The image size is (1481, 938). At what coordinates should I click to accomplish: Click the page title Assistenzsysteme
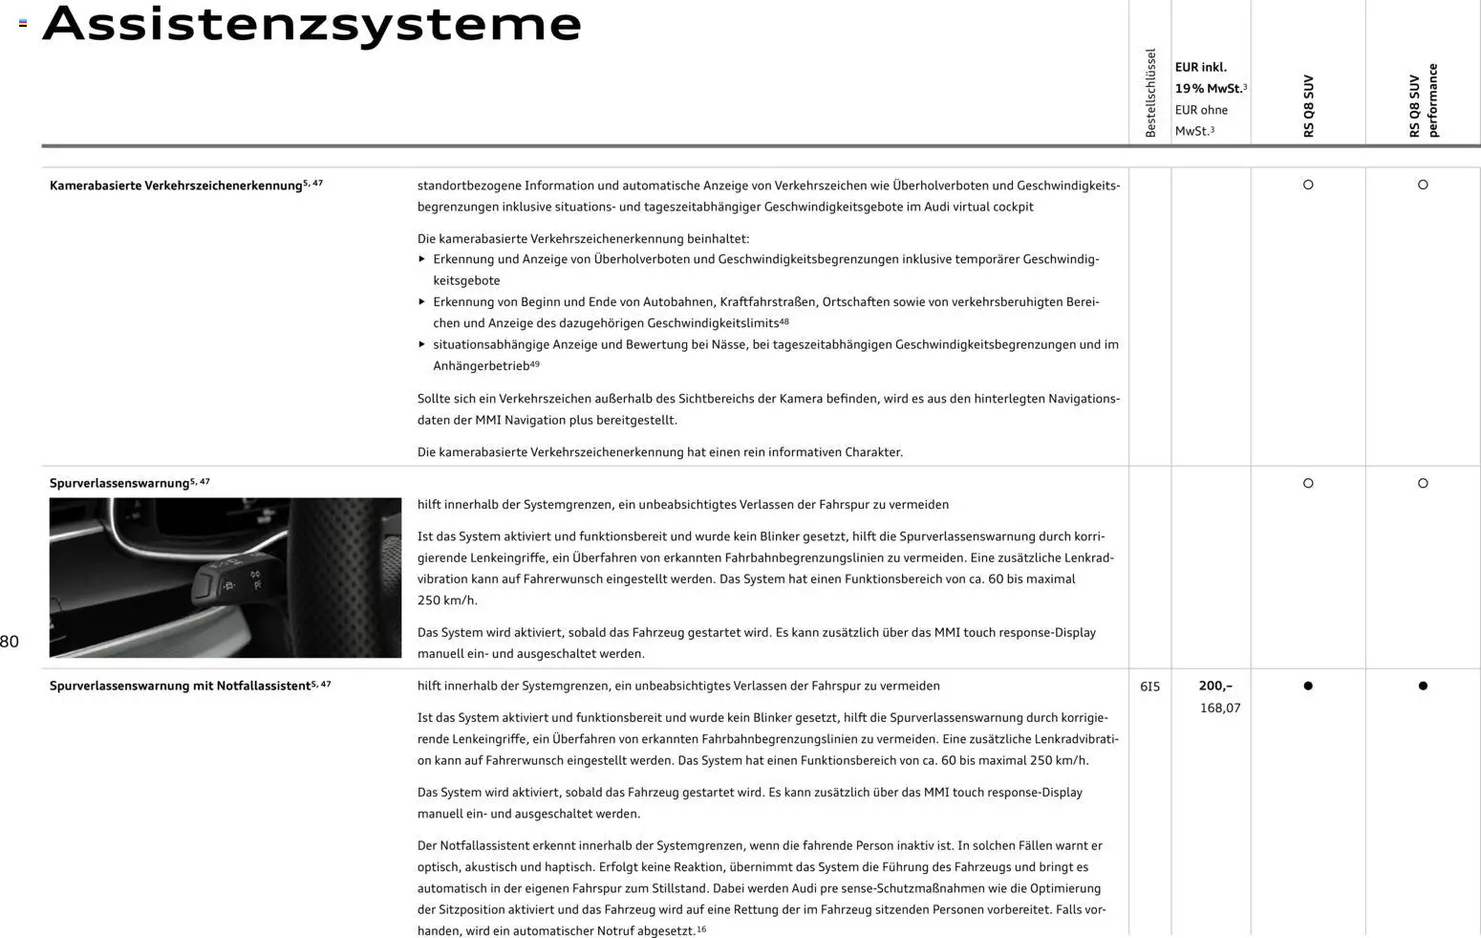(311, 24)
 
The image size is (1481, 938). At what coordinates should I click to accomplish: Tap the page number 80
(10, 642)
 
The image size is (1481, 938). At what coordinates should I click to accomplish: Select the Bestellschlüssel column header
(1150, 93)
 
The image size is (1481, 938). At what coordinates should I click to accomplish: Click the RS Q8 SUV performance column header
(1423, 100)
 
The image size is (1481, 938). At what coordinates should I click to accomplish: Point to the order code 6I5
(1149, 687)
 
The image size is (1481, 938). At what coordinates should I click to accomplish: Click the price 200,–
(1215, 686)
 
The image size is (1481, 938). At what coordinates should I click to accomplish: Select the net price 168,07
(1220, 709)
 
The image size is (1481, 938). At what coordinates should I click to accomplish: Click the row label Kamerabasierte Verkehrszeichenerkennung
(176, 185)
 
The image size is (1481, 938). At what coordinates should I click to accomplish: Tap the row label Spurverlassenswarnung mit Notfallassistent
(180, 686)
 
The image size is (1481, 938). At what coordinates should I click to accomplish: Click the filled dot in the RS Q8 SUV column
(1308, 686)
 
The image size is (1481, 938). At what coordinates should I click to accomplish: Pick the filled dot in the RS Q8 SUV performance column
(1423, 686)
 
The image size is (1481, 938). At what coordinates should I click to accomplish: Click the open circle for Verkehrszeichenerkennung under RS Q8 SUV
(1308, 185)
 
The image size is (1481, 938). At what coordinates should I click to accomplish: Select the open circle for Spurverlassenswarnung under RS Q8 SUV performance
(1423, 483)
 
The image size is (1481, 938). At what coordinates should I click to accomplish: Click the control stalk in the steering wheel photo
(229, 579)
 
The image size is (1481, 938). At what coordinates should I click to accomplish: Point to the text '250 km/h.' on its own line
(447, 600)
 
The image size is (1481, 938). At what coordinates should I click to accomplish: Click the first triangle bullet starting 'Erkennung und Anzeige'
(422, 259)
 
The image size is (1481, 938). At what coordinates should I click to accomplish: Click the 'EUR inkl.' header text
(1201, 67)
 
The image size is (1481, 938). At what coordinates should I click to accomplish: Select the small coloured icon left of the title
(23, 23)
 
